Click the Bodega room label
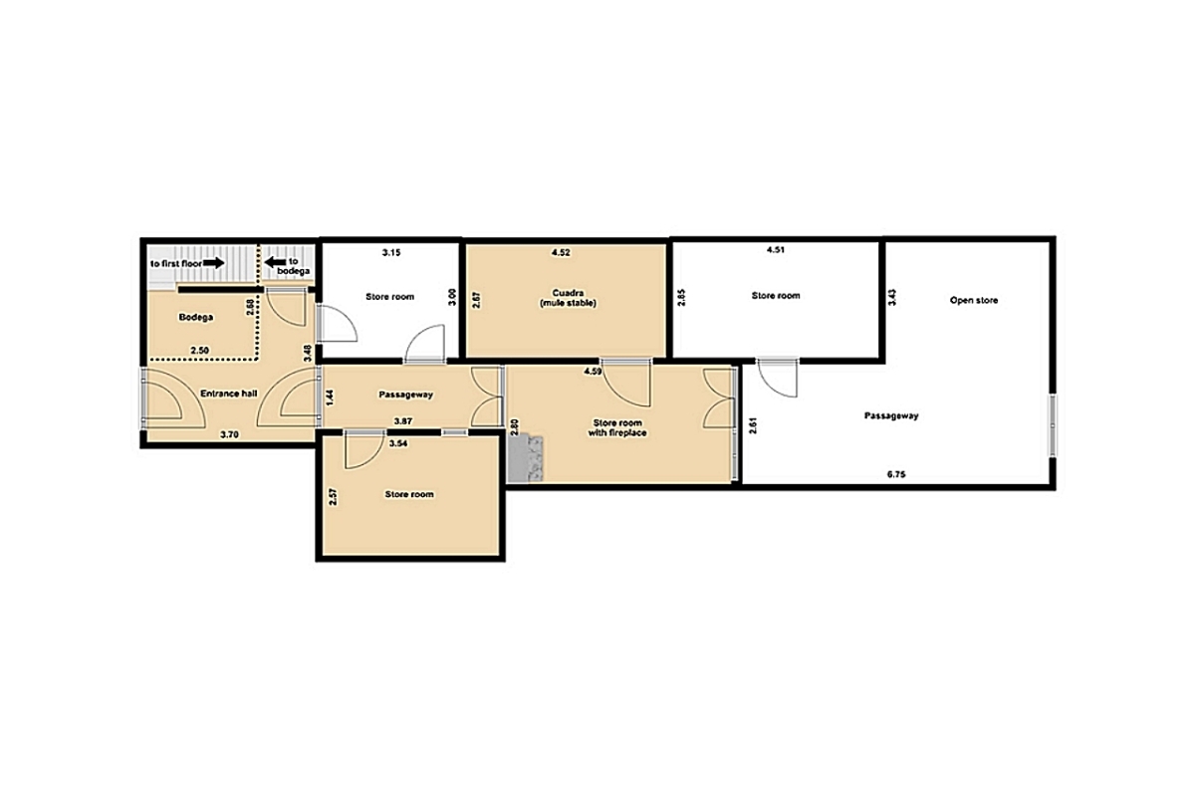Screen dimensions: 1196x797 click(196, 317)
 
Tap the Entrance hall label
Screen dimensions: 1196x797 click(228, 394)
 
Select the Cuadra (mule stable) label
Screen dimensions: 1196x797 click(568, 298)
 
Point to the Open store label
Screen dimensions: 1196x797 click(974, 300)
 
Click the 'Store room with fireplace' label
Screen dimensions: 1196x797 click(617, 427)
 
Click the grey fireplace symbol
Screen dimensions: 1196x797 click(526, 459)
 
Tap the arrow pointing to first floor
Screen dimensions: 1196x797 click(213, 263)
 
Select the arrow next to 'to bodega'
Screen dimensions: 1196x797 click(276, 262)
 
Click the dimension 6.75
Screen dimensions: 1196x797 click(896, 474)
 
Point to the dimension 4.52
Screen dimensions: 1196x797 click(561, 253)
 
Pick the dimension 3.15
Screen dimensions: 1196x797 click(391, 253)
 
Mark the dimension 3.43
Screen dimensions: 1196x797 click(891, 298)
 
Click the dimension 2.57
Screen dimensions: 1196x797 click(334, 497)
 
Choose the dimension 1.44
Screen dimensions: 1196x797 click(330, 398)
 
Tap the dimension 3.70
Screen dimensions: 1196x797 click(230, 434)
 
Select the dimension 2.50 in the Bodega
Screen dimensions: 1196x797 click(200, 351)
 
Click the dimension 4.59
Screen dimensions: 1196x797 click(593, 372)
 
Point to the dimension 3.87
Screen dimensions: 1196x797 click(403, 421)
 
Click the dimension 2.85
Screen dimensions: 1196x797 click(681, 298)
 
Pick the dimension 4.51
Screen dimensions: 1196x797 click(776, 249)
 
